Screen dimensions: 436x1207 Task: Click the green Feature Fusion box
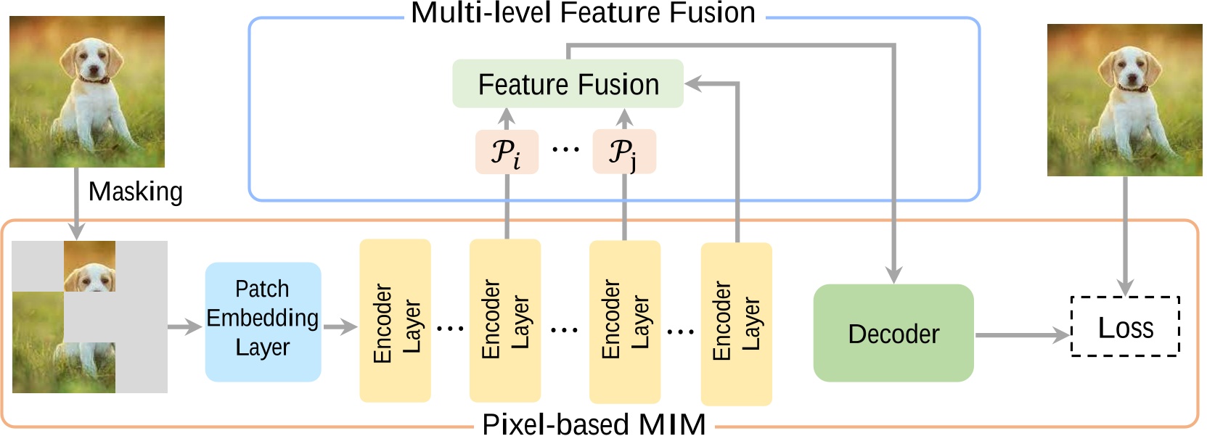pos(568,84)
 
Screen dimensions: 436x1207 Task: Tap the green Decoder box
pos(893,333)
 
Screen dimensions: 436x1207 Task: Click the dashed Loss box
pos(1125,327)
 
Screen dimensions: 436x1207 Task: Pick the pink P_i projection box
pos(507,152)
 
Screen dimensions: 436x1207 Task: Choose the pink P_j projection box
pos(624,152)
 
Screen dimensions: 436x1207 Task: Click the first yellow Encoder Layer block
pos(395,321)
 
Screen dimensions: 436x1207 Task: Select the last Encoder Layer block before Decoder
pos(736,324)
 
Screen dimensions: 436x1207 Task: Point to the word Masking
pos(135,192)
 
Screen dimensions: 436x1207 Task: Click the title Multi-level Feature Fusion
pos(583,12)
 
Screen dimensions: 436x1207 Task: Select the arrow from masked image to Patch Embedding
pos(184,327)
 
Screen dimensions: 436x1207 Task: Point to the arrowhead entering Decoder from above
pos(893,275)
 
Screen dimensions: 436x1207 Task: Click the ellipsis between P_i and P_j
pos(565,150)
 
